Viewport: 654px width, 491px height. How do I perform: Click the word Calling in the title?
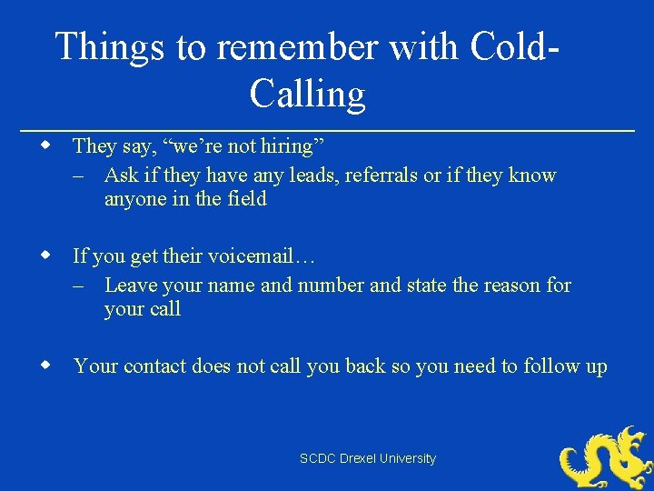click(307, 94)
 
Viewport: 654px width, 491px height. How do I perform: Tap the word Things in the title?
click(110, 47)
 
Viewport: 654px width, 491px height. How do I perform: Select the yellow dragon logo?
click(606, 457)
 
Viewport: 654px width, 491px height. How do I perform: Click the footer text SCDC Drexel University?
click(368, 459)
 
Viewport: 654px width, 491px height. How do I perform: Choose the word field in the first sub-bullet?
click(246, 198)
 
